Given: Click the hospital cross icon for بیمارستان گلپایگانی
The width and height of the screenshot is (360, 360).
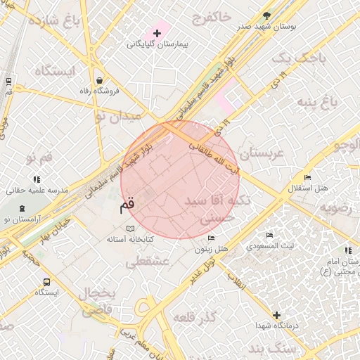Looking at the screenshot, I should pyautogui.click(x=157, y=33).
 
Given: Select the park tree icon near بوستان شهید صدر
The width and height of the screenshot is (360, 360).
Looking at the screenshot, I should pyautogui.click(x=266, y=15).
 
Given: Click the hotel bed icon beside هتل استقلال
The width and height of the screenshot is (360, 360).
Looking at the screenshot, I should pyautogui.click(x=306, y=177).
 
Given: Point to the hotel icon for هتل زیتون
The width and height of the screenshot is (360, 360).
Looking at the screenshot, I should pyautogui.click(x=212, y=238).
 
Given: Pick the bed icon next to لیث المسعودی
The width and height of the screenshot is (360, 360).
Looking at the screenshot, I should pyautogui.click(x=269, y=236).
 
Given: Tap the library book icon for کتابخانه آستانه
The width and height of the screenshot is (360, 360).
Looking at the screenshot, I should pyautogui.click(x=130, y=229).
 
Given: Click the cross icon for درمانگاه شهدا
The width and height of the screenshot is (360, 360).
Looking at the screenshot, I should pyautogui.click(x=277, y=316).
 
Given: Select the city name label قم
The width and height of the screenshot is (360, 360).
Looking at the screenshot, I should pyautogui.click(x=126, y=206).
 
